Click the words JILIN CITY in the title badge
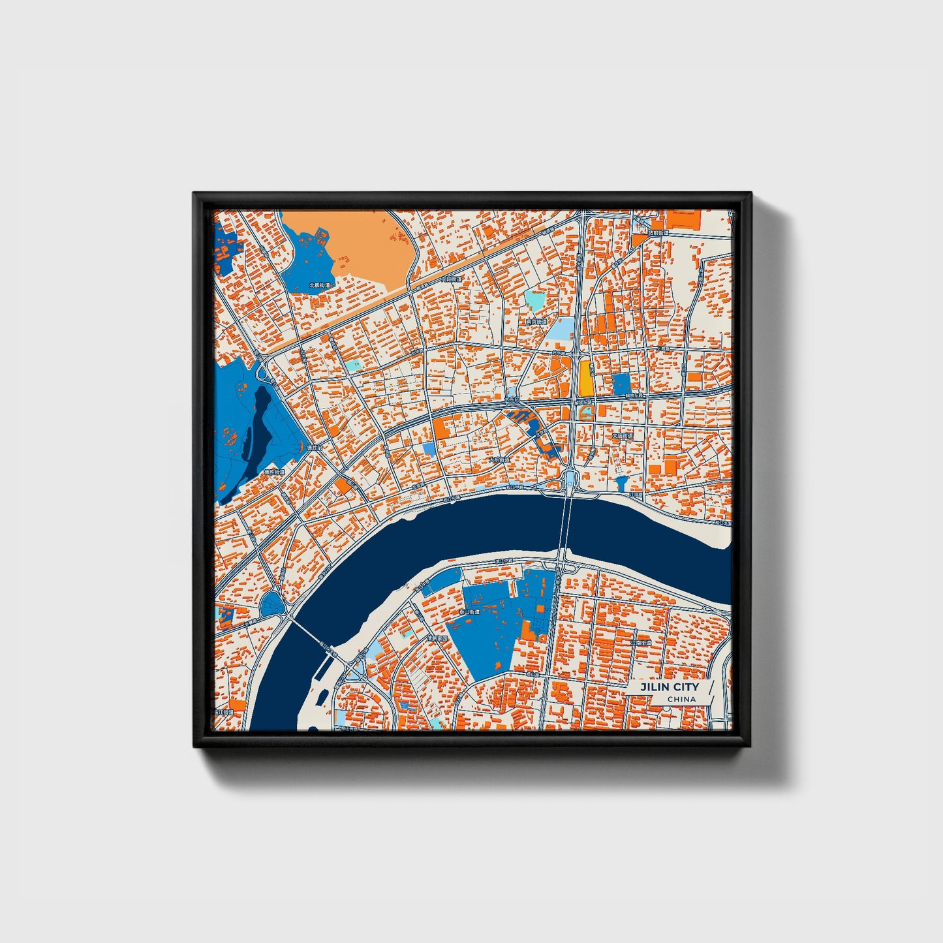click(669, 687)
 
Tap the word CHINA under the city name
click(681, 700)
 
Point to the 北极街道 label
click(319, 285)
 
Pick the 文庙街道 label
click(622, 435)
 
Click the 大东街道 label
click(499, 459)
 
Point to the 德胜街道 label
click(274, 472)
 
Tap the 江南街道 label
click(641, 643)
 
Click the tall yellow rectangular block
click(585, 379)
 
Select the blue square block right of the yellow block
click(621, 384)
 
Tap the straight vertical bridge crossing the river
click(565, 522)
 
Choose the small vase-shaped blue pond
click(621, 484)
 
